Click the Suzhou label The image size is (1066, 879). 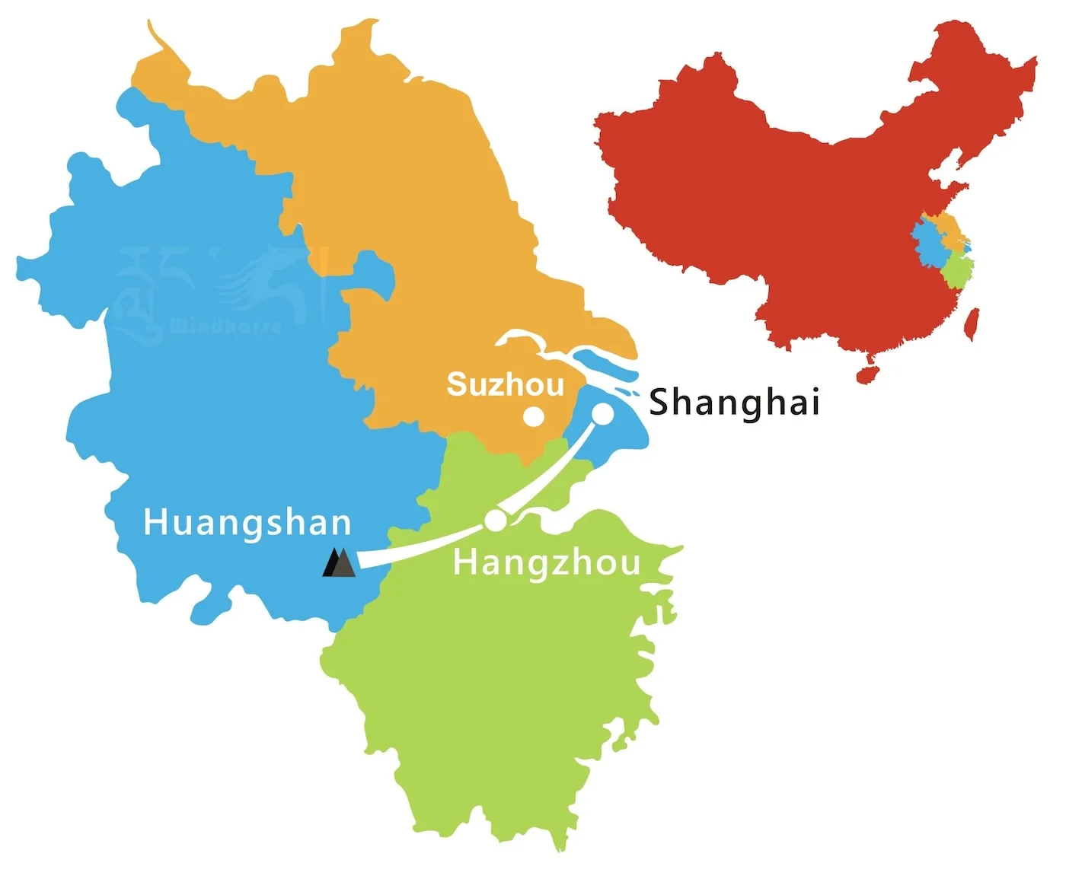[x=505, y=384]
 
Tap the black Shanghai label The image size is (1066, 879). [x=733, y=402]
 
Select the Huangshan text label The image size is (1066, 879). [x=247, y=524]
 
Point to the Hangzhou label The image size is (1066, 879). [x=546, y=562]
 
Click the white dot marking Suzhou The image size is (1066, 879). [x=533, y=416]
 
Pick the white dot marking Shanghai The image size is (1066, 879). [x=602, y=413]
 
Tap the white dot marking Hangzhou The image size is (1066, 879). [x=495, y=521]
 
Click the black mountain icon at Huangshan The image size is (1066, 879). [x=339, y=563]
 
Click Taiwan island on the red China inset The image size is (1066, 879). [x=971, y=323]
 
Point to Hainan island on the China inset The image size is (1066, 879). [x=867, y=374]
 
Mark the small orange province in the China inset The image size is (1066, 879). [x=947, y=227]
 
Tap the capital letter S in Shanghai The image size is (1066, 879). [x=659, y=402]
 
